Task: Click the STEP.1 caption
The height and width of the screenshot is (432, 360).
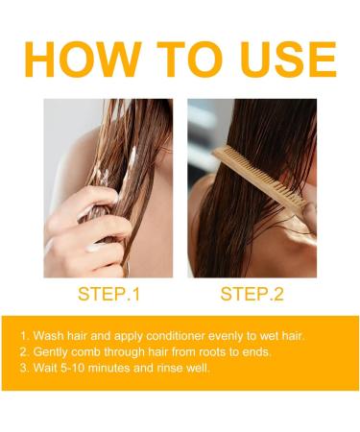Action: coord(108,294)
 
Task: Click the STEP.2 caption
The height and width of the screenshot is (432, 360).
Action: coord(252,294)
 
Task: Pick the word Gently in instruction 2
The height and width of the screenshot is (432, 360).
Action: coord(54,351)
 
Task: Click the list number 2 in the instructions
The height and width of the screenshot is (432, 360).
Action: coord(23,351)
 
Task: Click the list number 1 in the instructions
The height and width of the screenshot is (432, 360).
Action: coord(23,336)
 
